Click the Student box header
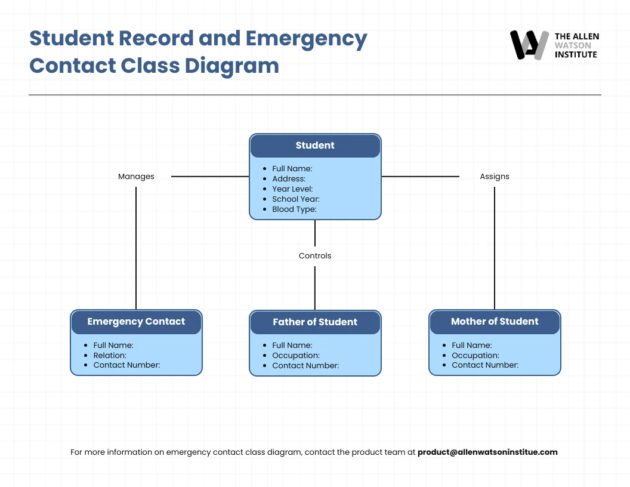(x=315, y=146)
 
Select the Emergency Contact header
(x=136, y=322)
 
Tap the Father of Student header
(x=315, y=322)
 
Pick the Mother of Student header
(x=495, y=322)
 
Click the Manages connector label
(x=136, y=177)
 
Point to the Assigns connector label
(x=495, y=177)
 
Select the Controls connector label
(x=315, y=256)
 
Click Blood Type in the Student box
(x=294, y=209)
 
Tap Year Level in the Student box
(x=292, y=189)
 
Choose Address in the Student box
(x=289, y=179)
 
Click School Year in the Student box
(x=296, y=199)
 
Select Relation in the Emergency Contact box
(x=110, y=356)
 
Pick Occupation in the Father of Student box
(x=296, y=356)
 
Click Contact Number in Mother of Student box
(x=485, y=365)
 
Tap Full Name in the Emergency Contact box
(x=113, y=346)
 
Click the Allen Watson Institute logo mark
(x=529, y=45)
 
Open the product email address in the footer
(x=487, y=452)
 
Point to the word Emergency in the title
(x=307, y=38)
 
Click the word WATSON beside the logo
(x=573, y=45)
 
